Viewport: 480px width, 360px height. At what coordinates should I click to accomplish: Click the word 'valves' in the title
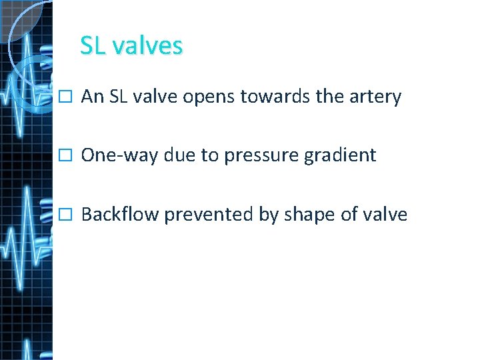click(x=147, y=46)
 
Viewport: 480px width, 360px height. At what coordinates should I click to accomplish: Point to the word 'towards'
click(x=275, y=97)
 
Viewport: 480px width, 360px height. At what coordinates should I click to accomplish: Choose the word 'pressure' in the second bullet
click(x=258, y=156)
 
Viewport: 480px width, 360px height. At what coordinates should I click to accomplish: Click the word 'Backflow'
click(x=119, y=215)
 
